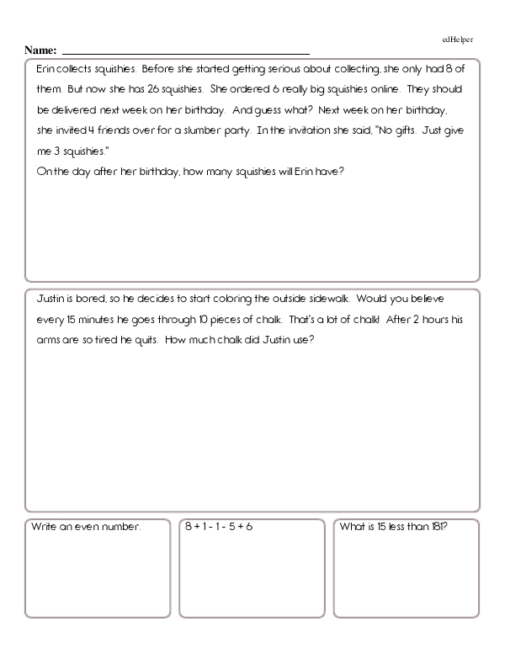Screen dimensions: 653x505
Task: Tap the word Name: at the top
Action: [x=40, y=50]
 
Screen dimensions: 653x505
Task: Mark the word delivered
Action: [x=79, y=110]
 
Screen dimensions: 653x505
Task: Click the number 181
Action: [x=433, y=528]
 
